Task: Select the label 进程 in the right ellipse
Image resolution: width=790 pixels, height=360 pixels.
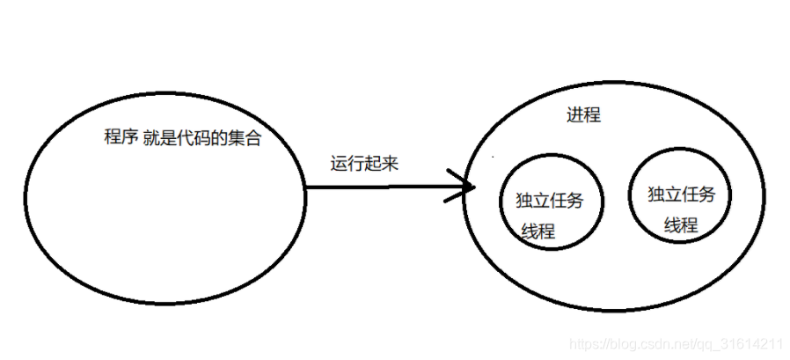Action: (584, 115)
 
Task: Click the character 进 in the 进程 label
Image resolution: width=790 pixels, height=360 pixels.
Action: (575, 115)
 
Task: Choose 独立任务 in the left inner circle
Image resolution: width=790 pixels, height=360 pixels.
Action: (548, 201)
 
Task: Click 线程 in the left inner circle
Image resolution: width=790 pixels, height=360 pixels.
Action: (538, 231)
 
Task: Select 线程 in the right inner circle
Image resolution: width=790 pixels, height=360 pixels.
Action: (680, 225)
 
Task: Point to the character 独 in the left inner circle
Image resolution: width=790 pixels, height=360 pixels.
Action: (523, 201)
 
